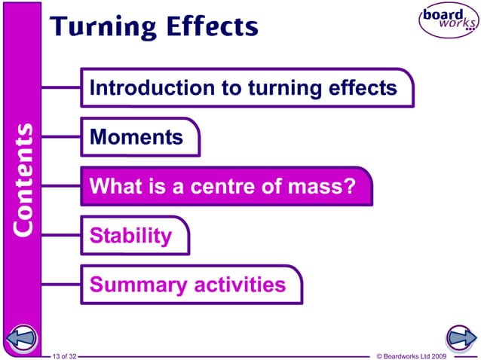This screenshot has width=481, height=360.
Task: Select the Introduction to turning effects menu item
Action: coord(243,88)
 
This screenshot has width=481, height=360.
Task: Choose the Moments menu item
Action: coord(136,137)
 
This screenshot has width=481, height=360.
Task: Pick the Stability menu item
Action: coord(130,236)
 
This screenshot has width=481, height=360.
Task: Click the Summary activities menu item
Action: coord(188,285)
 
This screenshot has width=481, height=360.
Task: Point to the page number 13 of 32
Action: coord(65,355)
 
